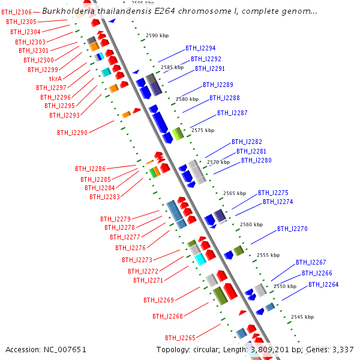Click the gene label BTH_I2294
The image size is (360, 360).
200,48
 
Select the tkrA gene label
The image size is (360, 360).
56,79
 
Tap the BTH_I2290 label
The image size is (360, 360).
72,133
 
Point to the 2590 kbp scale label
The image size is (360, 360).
158,36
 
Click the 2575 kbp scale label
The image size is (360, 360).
203,130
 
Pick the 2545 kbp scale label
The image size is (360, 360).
302,316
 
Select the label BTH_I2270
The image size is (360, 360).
292,229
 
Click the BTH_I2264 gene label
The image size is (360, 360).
323,284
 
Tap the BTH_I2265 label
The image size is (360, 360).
180,338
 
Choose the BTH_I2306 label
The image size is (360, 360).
16,12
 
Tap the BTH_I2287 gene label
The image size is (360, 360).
232,113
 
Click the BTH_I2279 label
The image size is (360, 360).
115,219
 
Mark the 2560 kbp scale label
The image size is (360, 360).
251,224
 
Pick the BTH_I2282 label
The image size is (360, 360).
247,142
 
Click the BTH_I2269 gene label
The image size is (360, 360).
158,300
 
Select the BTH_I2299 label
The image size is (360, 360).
43,70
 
